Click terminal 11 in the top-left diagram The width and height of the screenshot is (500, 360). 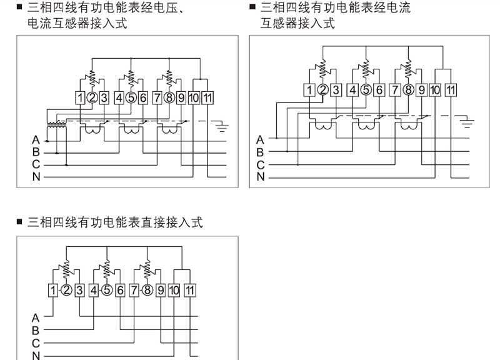208,97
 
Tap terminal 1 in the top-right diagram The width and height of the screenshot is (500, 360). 311,89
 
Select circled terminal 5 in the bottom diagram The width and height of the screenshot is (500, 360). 106,290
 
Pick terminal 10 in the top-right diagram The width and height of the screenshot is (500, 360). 436,89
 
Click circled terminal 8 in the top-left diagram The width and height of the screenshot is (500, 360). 169,97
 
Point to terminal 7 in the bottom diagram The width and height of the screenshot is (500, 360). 134,290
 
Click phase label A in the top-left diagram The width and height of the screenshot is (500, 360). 36,139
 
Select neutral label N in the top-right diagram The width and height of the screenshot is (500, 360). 260,177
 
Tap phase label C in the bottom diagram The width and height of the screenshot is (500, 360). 36,343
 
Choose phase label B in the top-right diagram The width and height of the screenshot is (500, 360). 260,152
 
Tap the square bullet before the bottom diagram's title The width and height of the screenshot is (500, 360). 20,222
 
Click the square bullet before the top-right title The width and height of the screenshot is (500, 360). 253,8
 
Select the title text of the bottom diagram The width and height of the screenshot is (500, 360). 115,222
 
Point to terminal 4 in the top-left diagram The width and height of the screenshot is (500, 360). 119,97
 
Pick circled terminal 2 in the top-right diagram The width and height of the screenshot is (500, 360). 323,89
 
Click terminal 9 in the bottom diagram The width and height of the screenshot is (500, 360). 161,290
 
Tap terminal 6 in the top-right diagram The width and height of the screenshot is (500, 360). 379,89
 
